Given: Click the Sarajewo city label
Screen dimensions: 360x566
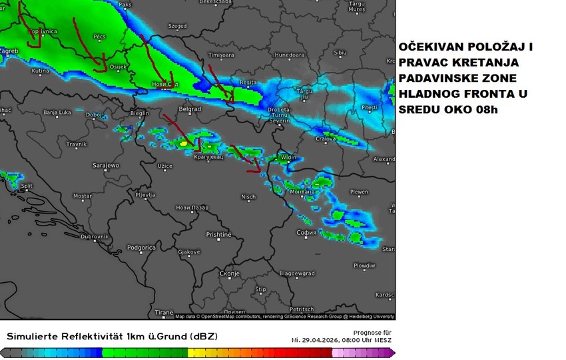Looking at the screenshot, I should point(105,165).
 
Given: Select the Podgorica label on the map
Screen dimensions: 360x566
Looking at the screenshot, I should point(141,248).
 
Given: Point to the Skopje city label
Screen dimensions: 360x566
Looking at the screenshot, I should point(229,273).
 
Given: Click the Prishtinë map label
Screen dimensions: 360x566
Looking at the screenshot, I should point(218,235).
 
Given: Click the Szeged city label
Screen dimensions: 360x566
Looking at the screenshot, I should point(178,26).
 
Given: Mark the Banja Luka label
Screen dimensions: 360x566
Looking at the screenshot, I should point(58,113).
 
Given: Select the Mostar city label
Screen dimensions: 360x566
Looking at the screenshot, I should point(82,196).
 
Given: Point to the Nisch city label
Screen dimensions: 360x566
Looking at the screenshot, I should point(248,196).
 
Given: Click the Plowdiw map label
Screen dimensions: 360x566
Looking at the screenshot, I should point(364,265).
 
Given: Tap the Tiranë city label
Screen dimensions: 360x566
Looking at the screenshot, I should point(164,311).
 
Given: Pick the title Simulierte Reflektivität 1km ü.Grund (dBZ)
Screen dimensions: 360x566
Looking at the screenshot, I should point(112,337).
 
